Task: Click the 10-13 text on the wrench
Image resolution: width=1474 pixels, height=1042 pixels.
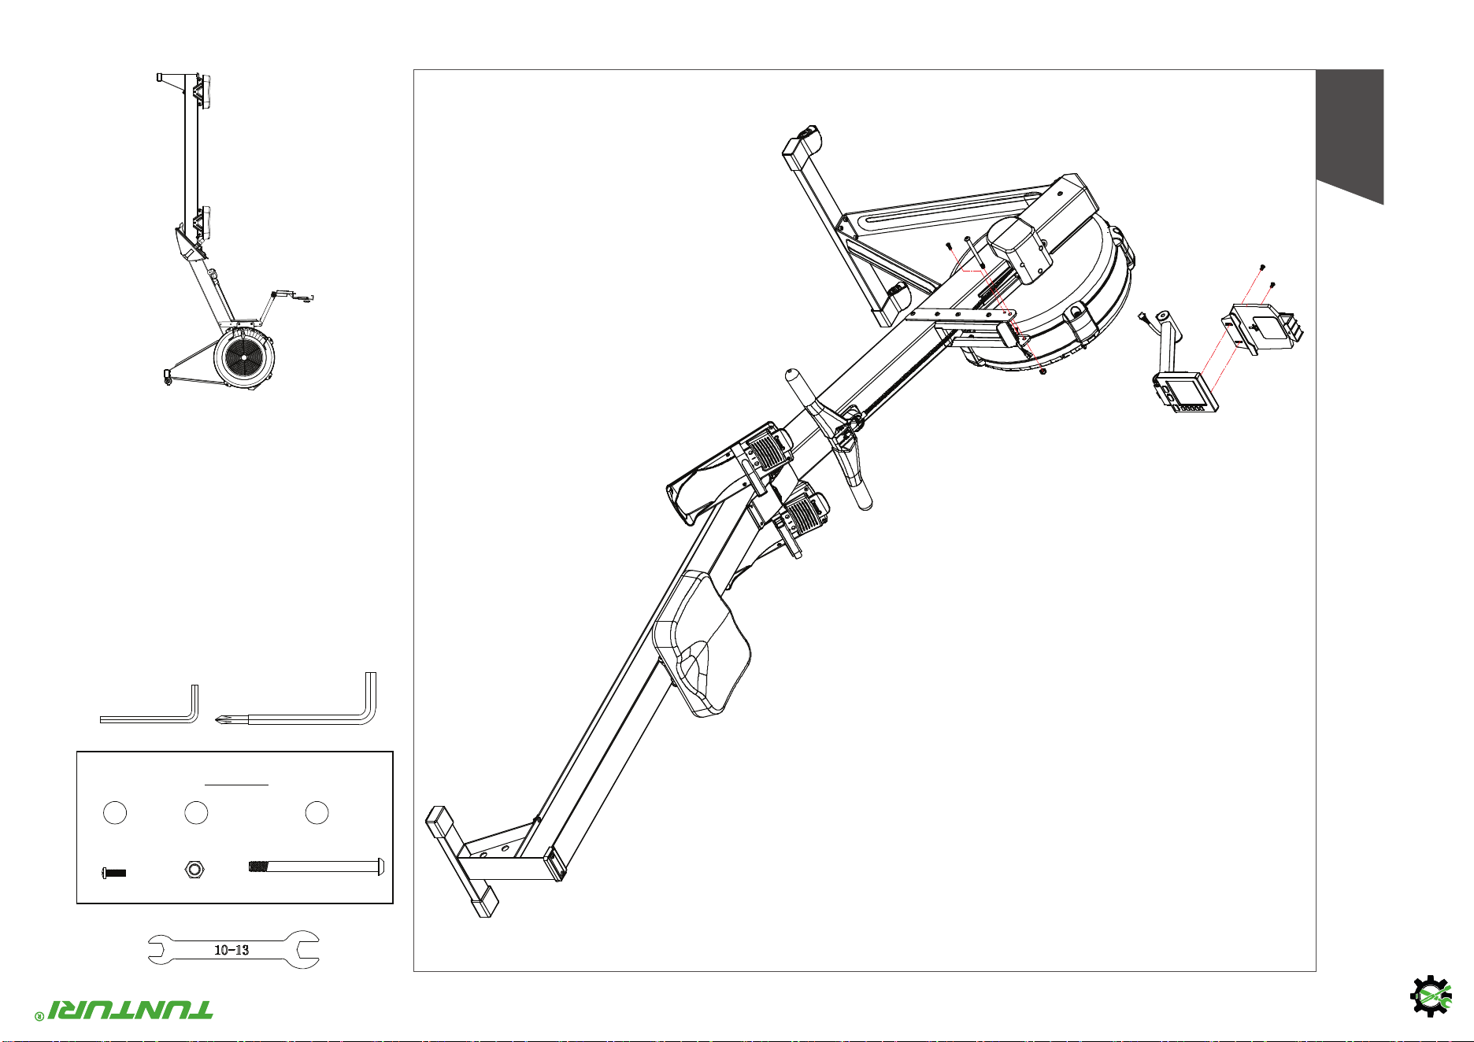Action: click(x=231, y=950)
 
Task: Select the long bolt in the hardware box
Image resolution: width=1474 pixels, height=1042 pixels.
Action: click(x=316, y=866)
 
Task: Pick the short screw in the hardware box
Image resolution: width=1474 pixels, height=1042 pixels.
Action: click(x=114, y=873)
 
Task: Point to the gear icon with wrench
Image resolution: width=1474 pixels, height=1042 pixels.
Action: click(x=1430, y=996)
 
